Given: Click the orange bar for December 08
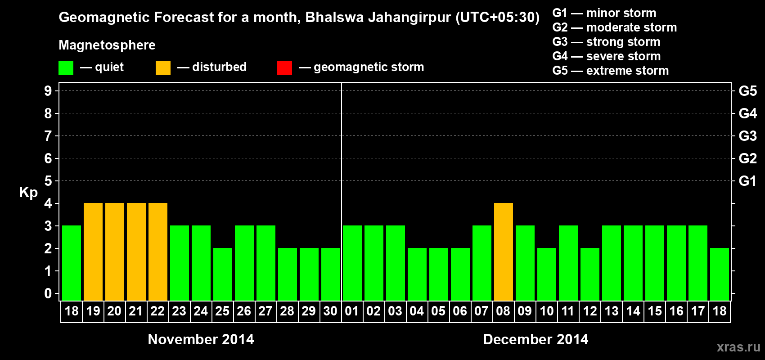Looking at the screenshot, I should (x=503, y=252).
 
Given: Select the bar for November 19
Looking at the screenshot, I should (x=93, y=252).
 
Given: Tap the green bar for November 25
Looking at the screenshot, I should (x=223, y=274).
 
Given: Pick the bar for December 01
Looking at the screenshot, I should (x=352, y=263).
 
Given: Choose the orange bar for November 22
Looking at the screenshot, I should (x=158, y=252).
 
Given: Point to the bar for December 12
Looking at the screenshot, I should (x=589, y=274).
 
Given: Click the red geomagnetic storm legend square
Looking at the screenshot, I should (x=284, y=68).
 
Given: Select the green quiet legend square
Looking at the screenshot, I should (x=66, y=68).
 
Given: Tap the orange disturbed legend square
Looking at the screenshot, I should (x=163, y=68).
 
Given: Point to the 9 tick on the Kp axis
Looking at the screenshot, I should (x=48, y=91).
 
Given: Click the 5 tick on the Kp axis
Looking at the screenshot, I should (x=48, y=181).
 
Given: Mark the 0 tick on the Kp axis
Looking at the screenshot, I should (x=48, y=293).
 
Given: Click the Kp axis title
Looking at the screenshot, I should (x=28, y=193).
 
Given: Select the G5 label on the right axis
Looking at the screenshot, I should (x=747, y=91).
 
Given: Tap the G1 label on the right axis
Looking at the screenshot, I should (x=747, y=181).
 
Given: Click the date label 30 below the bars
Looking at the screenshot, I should (x=330, y=311).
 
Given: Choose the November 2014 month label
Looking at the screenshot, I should (x=201, y=339).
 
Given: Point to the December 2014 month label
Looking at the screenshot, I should (x=535, y=339).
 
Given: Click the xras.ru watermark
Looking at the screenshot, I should (x=738, y=346).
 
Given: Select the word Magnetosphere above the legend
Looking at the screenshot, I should (x=107, y=45).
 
